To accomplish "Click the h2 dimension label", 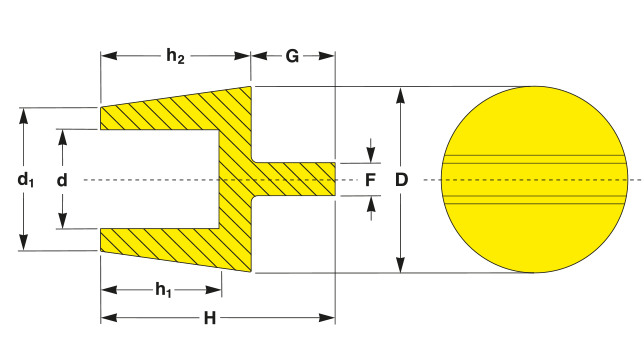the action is pos(175,56).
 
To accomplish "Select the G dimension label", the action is pos(292,56).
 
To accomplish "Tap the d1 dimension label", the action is pos(25,180).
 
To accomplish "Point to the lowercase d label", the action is pos(62,180).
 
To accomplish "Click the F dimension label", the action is pos(370,180).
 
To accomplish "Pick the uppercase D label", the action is pos(401,180).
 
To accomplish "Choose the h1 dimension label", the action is pos(163,290).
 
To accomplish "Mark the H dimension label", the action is pos(210,318).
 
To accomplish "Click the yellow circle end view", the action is pos(535,179).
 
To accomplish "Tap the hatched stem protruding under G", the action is pos(294,179).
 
